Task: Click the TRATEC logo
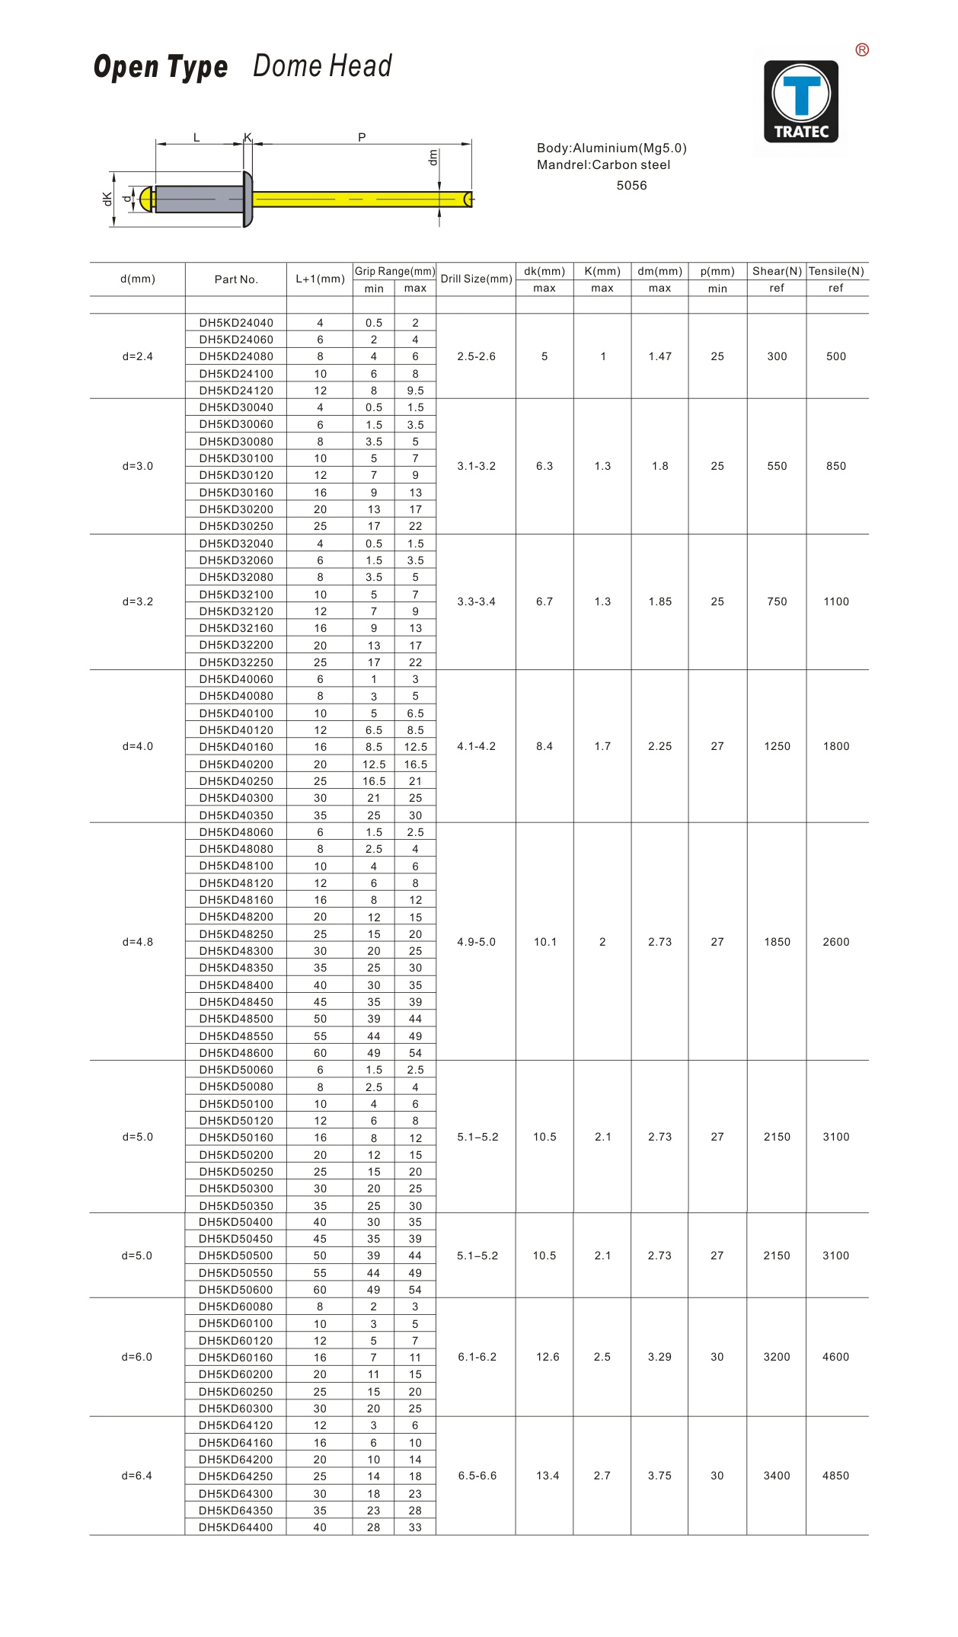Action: pyautogui.click(x=801, y=102)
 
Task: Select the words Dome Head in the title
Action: pyautogui.click(x=322, y=66)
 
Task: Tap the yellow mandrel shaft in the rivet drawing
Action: pyautogui.click(x=358, y=199)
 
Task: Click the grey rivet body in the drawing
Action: pyautogui.click(x=198, y=199)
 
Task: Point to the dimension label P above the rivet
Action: pyautogui.click(x=362, y=138)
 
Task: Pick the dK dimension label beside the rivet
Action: pyautogui.click(x=107, y=199)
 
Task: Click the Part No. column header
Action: pyautogui.click(x=236, y=279)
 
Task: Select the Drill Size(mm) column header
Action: pyautogui.click(x=476, y=279)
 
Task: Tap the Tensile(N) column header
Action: pyautogui.click(x=836, y=271)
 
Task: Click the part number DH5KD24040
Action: pyautogui.click(x=236, y=323)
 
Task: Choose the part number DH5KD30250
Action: pyautogui.click(x=236, y=526)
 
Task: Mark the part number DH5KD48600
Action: pyautogui.click(x=236, y=1053)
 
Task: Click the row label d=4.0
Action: pyautogui.click(x=138, y=746)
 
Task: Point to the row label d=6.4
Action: pyautogui.click(x=137, y=1476)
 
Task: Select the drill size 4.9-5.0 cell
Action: pyautogui.click(x=476, y=942)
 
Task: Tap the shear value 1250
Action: pyautogui.click(x=777, y=746)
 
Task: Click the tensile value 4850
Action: pyautogui.click(x=835, y=1476)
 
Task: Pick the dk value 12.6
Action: pyautogui.click(x=548, y=1357)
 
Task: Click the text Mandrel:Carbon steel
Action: pyautogui.click(x=603, y=165)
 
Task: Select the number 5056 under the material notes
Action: pyautogui.click(x=631, y=186)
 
